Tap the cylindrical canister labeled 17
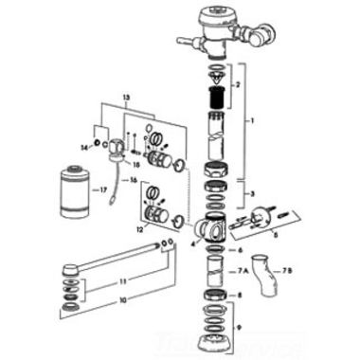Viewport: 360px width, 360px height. coord(71,190)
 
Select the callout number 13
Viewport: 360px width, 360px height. coord(126,98)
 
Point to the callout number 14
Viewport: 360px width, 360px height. coord(84,147)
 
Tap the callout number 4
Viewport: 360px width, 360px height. coord(192,243)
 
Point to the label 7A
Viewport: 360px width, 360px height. coord(243,272)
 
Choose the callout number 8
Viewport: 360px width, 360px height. coord(241,295)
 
